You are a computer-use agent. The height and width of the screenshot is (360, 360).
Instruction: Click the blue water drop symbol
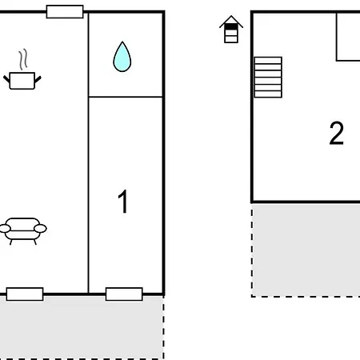(122, 57)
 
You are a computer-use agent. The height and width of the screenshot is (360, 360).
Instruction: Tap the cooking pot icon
(23, 80)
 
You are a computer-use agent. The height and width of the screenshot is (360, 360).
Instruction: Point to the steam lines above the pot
(24, 58)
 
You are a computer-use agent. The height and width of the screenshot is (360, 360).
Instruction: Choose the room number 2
(336, 134)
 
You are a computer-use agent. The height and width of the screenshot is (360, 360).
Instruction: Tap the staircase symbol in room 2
(269, 77)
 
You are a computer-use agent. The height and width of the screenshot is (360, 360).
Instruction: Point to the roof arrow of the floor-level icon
(231, 19)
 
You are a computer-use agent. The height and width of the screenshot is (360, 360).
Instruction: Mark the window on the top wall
(65, 11)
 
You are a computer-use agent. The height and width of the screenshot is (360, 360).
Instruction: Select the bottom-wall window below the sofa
(25, 294)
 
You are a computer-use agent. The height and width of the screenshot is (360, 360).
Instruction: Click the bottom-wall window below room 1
(124, 294)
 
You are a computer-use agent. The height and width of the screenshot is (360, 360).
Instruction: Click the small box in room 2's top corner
(348, 36)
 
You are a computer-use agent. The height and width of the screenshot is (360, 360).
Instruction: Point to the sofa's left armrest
(5, 230)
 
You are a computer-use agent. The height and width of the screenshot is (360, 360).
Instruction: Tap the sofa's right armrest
(41, 230)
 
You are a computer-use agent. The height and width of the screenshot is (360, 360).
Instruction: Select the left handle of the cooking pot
(8, 77)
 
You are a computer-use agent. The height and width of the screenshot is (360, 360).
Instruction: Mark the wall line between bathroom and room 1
(126, 97)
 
